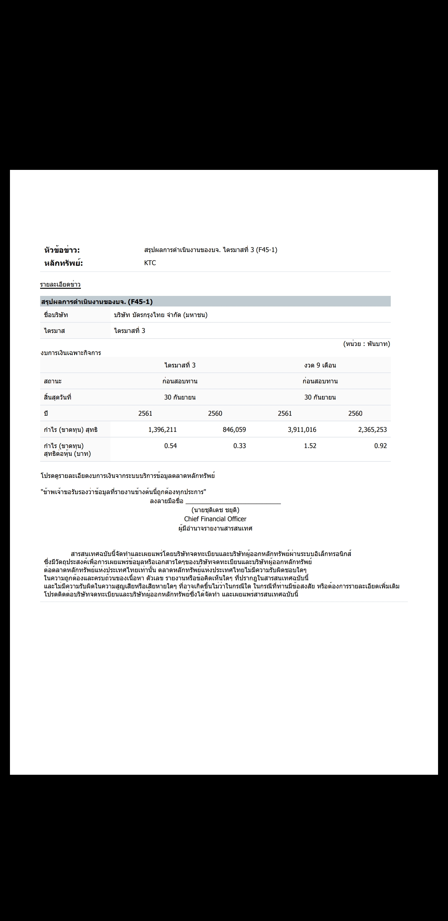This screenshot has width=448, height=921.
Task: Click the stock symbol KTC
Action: pyautogui.click(x=150, y=263)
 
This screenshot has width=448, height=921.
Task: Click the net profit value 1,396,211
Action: pyautogui.click(x=162, y=429)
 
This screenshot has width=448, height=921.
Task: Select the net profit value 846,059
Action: pyautogui.click(x=234, y=429)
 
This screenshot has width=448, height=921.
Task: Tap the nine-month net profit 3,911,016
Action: pyautogui.click(x=302, y=429)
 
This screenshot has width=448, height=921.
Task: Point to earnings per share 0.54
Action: pyautogui.click(x=170, y=446)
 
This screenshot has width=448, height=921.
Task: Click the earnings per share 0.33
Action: pyautogui.click(x=239, y=446)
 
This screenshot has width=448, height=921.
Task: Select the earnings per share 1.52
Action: pyautogui.click(x=310, y=446)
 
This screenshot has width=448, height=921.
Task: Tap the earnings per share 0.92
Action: pyautogui.click(x=380, y=446)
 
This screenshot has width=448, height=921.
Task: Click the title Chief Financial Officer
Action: pyautogui.click(x=215, y=519)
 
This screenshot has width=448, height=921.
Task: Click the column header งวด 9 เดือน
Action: pyautogui.click(x=320, y=365)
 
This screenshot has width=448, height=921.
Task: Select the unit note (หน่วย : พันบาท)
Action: pyautogui.click(x=366, y=344)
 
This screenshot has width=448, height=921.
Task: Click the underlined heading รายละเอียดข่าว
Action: pyautogui.click(x=60, y=285)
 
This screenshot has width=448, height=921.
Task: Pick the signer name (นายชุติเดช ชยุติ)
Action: pyautogui.click(x=215, y=510)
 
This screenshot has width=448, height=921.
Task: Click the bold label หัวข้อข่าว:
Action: pyautogui.click(x=62, y=250)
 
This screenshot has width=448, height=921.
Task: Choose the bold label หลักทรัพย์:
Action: pyautogui.click(x=63, y=263)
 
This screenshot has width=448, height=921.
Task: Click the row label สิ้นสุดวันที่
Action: pyautogui.click(x=58, y=397)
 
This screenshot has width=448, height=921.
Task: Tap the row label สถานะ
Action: pyautogui.click(x=53, y=381)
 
